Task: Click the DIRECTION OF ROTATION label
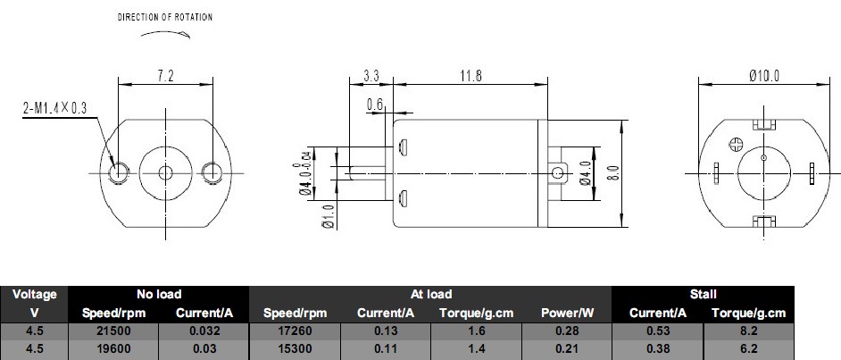(x=165, y=17)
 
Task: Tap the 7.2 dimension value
(x=165, y=76)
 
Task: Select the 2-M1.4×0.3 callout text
(x=54, y=108)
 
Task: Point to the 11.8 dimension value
(x=470, y=76)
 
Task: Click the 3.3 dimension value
(x=371, y=76)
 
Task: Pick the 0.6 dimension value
(x=376, y=105)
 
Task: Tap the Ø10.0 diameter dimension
(x=764, y=76)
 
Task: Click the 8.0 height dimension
(x=614, y=172)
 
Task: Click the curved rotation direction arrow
(x=165, y=34)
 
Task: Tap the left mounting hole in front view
(x=119, y=172)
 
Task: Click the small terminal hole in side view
(x=558, y=172)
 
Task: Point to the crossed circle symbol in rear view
(x=736, y=144)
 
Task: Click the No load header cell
(x=159, y=294)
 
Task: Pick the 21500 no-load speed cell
(x=113, y=331)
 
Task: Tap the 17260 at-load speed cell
(x=295, y=331)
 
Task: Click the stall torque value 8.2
(x=748, y=331)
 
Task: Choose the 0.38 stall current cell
(x=658, y=348)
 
